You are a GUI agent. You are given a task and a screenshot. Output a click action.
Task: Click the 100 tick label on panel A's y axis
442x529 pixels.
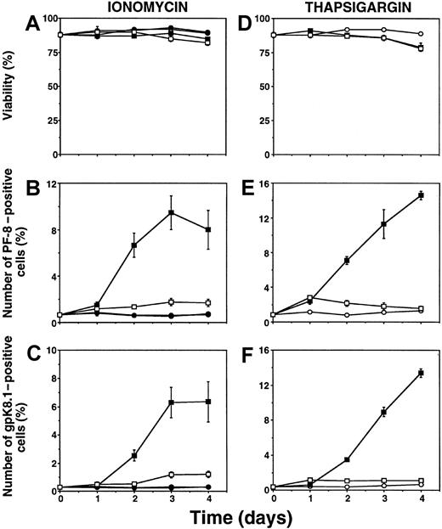(48, 18)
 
